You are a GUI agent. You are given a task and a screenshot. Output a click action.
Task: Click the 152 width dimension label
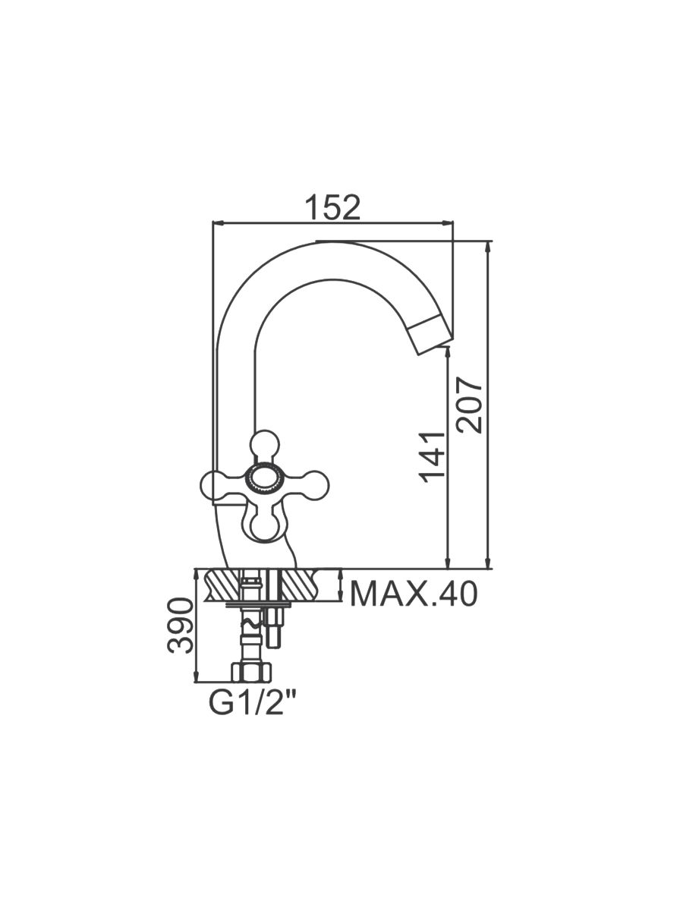click(332, 208)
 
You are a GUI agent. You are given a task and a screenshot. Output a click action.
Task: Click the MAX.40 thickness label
click(414, 594)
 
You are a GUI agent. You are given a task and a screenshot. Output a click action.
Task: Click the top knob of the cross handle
click(265, 445)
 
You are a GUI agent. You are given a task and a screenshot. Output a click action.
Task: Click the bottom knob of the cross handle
click(266, 526)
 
